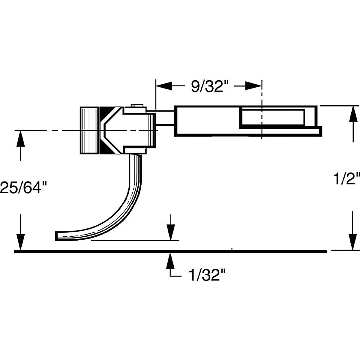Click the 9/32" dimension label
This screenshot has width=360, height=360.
click(x=210, y=86)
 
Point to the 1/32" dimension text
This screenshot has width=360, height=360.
click(x=207, y=275)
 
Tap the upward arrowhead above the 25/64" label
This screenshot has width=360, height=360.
click(x=20, y=138)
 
